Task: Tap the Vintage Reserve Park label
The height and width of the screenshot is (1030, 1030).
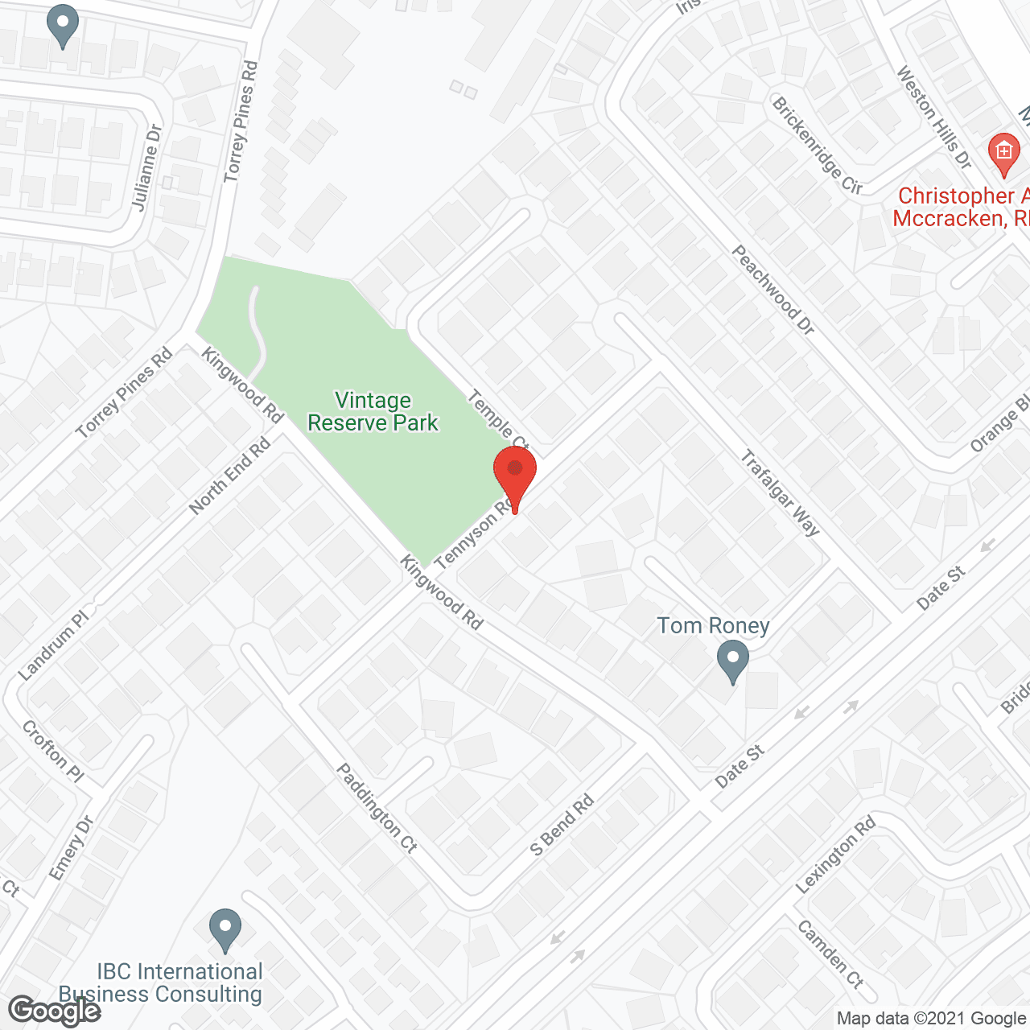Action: point(373,411)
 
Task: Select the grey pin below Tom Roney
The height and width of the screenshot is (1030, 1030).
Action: point(732,660)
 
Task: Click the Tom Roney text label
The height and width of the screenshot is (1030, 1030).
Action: point(713,625)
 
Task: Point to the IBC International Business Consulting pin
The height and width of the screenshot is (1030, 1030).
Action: point(225,929)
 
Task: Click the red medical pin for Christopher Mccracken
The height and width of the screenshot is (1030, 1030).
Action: point(1003,153)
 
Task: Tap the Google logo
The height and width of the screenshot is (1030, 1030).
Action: point(55,1011)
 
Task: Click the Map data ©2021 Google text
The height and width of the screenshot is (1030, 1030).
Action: point(931,1019)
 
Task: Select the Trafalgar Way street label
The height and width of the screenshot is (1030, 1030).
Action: point(780,493)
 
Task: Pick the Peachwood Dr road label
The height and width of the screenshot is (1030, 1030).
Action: point(772,290)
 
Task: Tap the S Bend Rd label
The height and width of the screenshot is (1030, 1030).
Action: point(562,825)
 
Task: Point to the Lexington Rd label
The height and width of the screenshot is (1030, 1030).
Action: point(835,855)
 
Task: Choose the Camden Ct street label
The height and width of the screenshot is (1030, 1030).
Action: point(830,954)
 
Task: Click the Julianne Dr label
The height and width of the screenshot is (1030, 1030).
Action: point(146,167)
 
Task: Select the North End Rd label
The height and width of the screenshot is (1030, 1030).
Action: point(229,476)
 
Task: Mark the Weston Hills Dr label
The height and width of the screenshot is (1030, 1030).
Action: point(934,117)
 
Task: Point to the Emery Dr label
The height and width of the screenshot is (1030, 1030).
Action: point(72,848)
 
